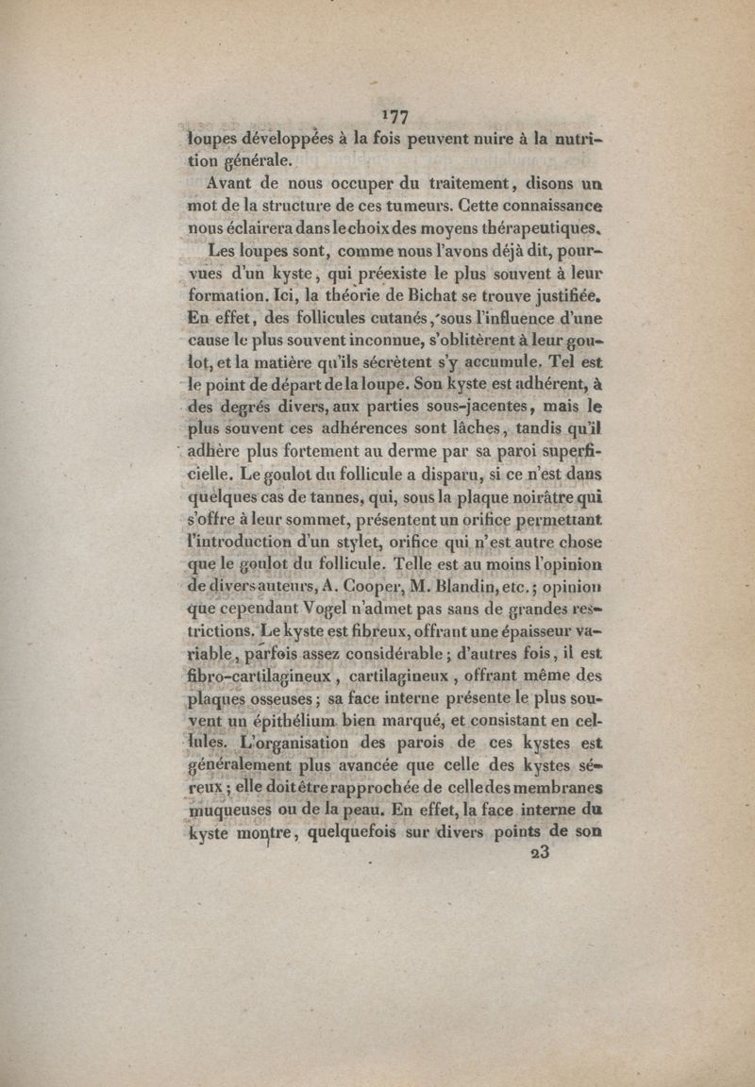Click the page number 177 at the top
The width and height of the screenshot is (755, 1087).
pos(395,116)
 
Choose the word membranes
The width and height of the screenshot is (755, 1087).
pos(549,788)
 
